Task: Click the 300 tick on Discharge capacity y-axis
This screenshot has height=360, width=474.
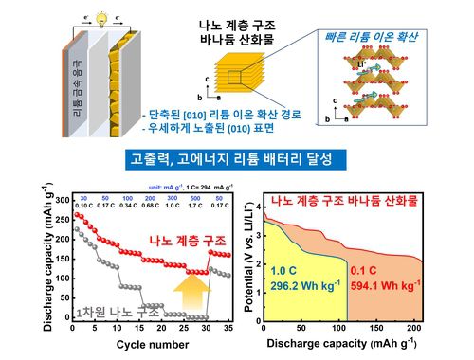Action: pos(60,200)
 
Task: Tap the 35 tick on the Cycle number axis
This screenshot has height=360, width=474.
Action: pos(229,330)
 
